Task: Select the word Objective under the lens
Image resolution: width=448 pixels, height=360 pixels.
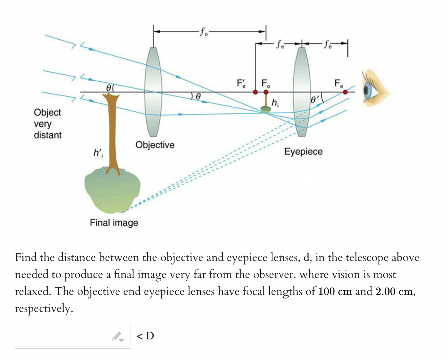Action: pos(155,145)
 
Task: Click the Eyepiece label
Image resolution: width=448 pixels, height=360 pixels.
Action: pos(303,151)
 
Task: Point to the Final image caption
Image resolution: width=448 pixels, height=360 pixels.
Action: pos(114,223)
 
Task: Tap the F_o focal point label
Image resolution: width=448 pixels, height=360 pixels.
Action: pos(266,83)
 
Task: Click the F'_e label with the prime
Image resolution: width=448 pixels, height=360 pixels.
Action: pos(241,83)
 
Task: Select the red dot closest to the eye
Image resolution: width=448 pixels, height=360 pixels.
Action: pos(345,92)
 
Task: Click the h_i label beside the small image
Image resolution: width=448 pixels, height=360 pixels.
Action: pos(275,103)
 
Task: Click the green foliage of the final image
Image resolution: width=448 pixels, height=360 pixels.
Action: pos(112,190)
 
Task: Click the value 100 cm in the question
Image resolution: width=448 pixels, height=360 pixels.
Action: pos(335,291)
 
